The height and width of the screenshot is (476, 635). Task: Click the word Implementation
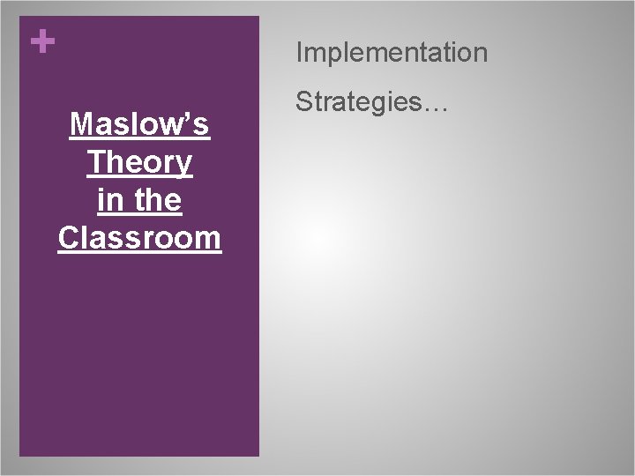[392, 54]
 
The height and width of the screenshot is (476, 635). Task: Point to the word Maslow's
[139, 125]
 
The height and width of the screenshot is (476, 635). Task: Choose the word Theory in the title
[139, 163]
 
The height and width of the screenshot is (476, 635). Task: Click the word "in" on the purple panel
[108, 200]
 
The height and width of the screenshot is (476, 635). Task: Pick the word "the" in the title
[160, 200]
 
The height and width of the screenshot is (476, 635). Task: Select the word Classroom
[139, 238]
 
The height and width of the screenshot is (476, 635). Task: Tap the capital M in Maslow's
[80, 125]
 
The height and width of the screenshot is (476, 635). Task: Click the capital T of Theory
[95, 163]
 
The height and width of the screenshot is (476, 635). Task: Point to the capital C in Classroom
[68, 238]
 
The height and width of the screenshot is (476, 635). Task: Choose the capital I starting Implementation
[300, 53]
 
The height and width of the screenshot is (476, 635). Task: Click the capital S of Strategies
[303, 104]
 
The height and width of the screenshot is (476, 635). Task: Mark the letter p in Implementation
[336, 56]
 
